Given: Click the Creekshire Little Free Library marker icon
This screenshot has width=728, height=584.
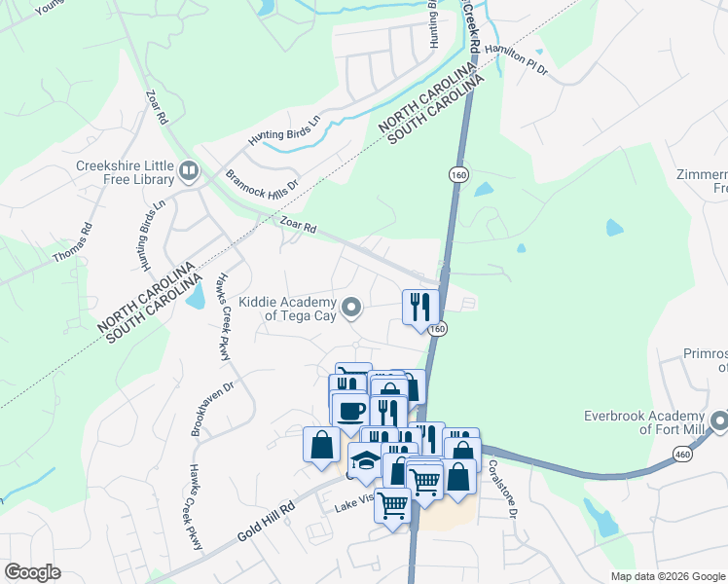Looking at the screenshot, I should [x=188, y=173].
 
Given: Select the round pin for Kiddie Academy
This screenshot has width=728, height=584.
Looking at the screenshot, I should [x=355, y=309].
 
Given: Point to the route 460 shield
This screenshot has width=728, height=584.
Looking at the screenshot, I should [x=682, y=455].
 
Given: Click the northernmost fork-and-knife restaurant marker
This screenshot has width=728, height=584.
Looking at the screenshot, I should [x=420, y=308].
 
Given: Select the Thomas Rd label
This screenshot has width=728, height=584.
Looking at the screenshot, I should [x=87, y=242].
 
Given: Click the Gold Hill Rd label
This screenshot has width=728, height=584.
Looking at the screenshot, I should [x=266, y=523].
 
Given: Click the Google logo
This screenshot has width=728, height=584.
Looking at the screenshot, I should [x=33, y=572].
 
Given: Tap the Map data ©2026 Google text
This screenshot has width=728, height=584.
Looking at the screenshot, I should [x=668, y=576].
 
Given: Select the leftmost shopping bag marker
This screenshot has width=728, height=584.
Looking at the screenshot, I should [x=321, y=446].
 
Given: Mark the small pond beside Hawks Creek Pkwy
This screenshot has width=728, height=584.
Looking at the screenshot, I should [x=196, y=295].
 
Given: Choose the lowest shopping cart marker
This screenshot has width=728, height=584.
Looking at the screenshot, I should [x=392, y=505].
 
